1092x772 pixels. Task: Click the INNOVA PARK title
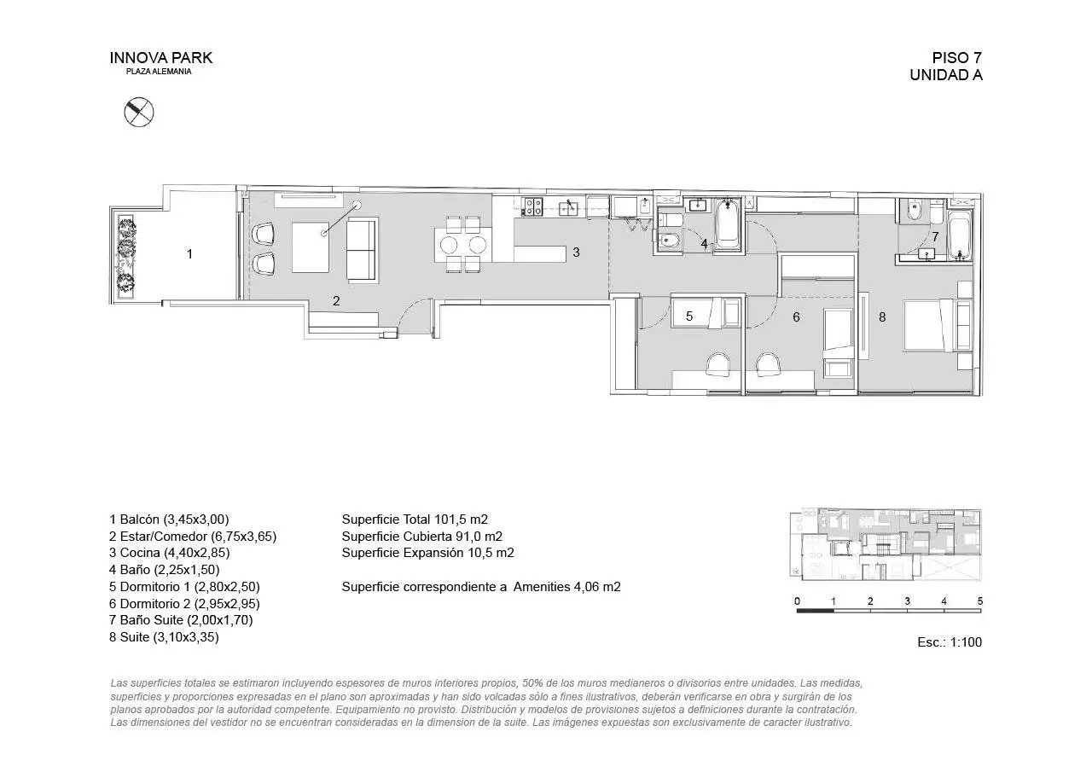(161, 58)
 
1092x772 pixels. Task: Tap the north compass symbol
(139, 112)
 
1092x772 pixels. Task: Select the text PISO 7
(957, 58)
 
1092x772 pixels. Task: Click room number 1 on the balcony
(189, 254)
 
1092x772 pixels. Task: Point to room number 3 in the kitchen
(576, 252)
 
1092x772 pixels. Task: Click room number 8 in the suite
(882, 316)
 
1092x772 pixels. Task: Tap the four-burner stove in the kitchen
(532, 206)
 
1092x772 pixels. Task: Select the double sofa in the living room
(363, 250)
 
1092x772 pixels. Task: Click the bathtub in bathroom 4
(728, 224)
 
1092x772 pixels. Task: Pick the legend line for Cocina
(169, 553)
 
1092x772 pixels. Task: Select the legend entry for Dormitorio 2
(184, 604)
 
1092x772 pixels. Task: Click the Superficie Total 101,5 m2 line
(415, 520)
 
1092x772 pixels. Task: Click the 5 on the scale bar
(980, 601)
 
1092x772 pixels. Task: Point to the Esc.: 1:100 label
(950, 642)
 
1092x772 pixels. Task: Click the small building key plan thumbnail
(886, 545)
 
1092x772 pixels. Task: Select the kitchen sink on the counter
(568, 207)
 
